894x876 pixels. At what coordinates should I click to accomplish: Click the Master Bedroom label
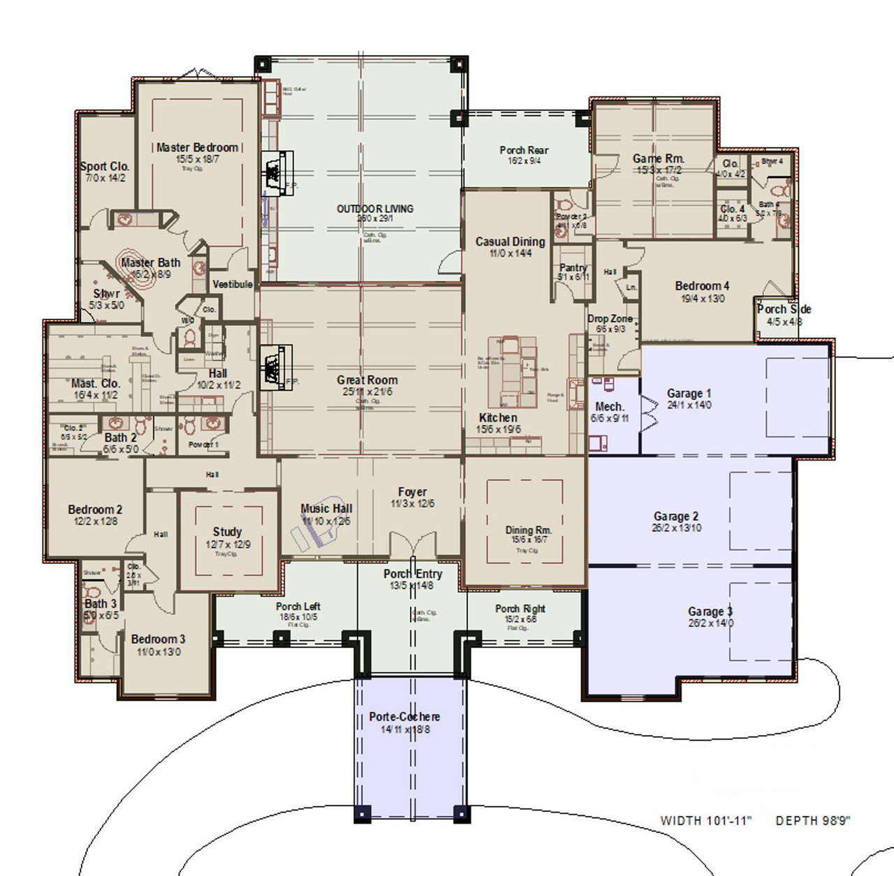coord(197,147)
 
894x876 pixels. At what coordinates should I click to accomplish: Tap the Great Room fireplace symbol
coord(272,366)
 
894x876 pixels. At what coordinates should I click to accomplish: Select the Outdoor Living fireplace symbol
coord(272,170)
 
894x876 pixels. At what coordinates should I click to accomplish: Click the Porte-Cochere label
coord(404,717)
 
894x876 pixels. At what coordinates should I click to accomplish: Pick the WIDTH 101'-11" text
coord(705,821)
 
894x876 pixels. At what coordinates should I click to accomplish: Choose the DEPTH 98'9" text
coord(813,821)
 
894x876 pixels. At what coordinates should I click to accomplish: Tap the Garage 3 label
coord(710,611)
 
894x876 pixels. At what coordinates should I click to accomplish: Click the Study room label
coord(227,532)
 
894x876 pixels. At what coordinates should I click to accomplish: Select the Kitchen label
coord(498,417)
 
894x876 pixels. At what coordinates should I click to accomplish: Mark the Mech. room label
coord(609,406)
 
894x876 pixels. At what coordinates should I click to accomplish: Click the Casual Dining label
coord(510,242)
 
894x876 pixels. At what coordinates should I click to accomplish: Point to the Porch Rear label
coord(524,150)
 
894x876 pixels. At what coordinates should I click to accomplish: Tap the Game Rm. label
coord(658,158)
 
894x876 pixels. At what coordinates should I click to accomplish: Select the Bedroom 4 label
coord(702,285)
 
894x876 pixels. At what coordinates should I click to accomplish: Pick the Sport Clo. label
coord(105,166)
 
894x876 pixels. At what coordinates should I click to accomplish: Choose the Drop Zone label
coord(610,318)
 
